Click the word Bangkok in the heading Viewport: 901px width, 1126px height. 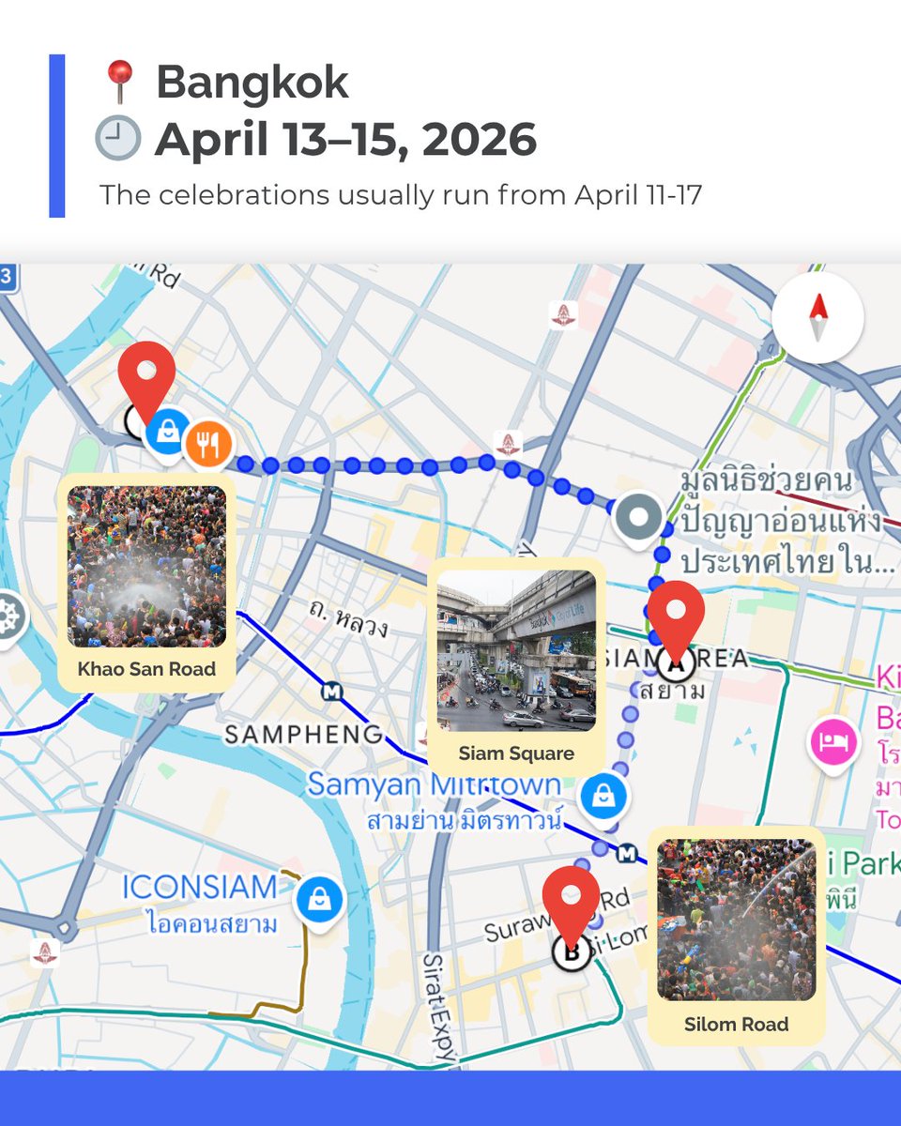point(252,83)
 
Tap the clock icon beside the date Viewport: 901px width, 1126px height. point(117,139)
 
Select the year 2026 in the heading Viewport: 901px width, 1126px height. point(479,140)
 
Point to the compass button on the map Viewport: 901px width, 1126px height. point(817,317)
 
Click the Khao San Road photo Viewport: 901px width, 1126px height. point(146,566)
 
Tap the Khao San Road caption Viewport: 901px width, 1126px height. point(146,669)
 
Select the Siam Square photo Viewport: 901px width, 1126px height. point(516,650)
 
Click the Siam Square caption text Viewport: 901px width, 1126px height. point(516,753)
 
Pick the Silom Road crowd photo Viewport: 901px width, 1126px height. point(736,920)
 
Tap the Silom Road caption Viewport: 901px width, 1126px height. point(736,1024)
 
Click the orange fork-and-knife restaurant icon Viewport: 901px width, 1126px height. point(207,444)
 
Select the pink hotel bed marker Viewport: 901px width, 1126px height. point(833,741)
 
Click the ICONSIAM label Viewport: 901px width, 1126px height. point(200,887)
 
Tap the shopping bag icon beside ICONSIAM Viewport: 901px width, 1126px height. point(320,900)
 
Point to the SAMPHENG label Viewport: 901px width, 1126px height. point(302,734)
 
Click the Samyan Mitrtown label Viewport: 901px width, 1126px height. point(434,784)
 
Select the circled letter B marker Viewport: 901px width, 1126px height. point(570,952)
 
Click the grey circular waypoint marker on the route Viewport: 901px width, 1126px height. point(639,517)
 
